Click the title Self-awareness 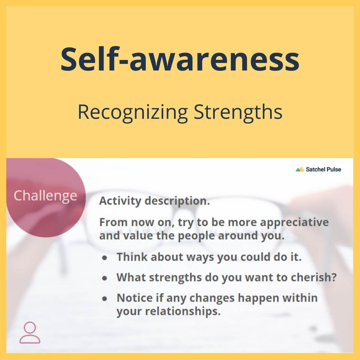tap(180, 59)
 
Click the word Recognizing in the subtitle tap(133, 113)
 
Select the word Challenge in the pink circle tap(45, 196)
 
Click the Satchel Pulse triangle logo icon tap(300, 169)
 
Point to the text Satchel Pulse tap(323, 169)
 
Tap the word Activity tap(120, 201)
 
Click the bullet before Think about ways tap(105, 257)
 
